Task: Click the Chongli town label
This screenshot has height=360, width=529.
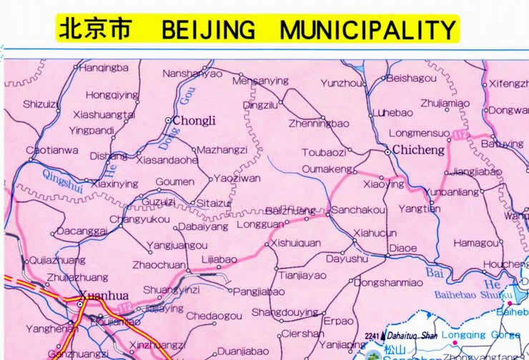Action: [194, 121]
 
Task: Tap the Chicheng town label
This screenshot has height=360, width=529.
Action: [419, 151]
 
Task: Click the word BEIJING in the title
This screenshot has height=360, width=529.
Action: [208, 29]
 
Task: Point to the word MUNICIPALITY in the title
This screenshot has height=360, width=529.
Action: [367, 29]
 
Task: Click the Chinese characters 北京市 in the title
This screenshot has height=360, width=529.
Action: [94, 29]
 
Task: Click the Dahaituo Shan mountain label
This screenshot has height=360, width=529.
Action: [410, 336]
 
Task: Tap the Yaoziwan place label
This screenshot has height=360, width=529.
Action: [237, 179]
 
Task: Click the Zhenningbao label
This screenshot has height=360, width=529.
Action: [319, 123]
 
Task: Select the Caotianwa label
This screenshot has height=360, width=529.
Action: [51, 150]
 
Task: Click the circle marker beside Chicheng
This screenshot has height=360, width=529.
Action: [388, 151]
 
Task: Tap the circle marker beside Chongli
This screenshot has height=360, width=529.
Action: [168, 121]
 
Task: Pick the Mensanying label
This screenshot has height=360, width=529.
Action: [260, 81]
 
